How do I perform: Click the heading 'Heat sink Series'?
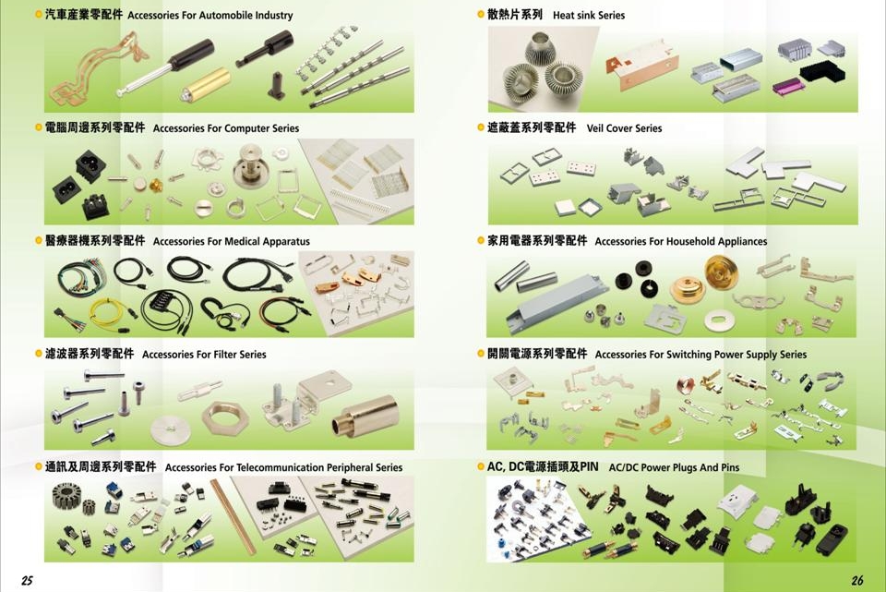click(x=588, y=16)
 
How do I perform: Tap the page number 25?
click(x=27, y=580)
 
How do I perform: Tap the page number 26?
click(x=857, y=580)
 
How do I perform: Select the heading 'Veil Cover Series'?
click(x=624, y=128)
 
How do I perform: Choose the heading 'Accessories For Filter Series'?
click(x=204, y=355)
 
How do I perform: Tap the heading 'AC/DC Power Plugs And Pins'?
click(x=674, y=468)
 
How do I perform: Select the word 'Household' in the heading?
click(x=694, y=242)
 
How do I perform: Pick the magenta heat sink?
click(x=789, y=86)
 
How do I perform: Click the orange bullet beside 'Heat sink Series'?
click(x=481, y=15)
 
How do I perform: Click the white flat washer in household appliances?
click(x=717, y=320)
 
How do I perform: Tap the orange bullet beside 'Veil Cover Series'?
click(x=481, y=127)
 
